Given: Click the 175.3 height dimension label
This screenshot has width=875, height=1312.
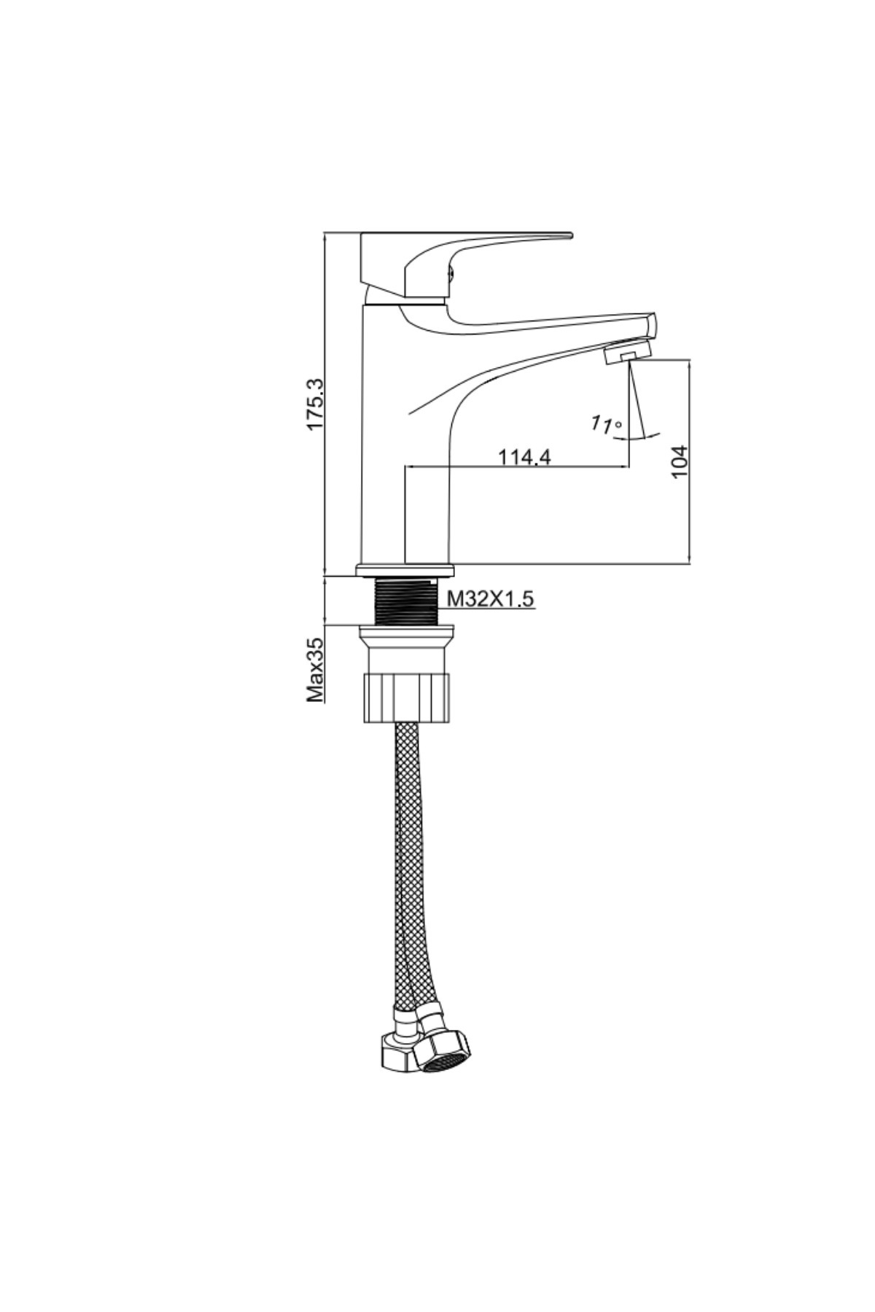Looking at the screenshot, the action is coord(315,403).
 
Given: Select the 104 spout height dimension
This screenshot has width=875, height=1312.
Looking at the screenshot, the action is coord(680,461).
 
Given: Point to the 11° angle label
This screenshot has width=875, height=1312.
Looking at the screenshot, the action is coord(607,423).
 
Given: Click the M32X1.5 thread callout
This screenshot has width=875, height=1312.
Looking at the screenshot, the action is coord(490,599).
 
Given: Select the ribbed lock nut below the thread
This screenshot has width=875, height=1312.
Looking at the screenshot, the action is coord(407,698).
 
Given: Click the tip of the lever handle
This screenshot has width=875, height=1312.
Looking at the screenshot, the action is coord(570,235).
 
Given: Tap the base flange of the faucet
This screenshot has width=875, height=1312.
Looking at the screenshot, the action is coord(405,570).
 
